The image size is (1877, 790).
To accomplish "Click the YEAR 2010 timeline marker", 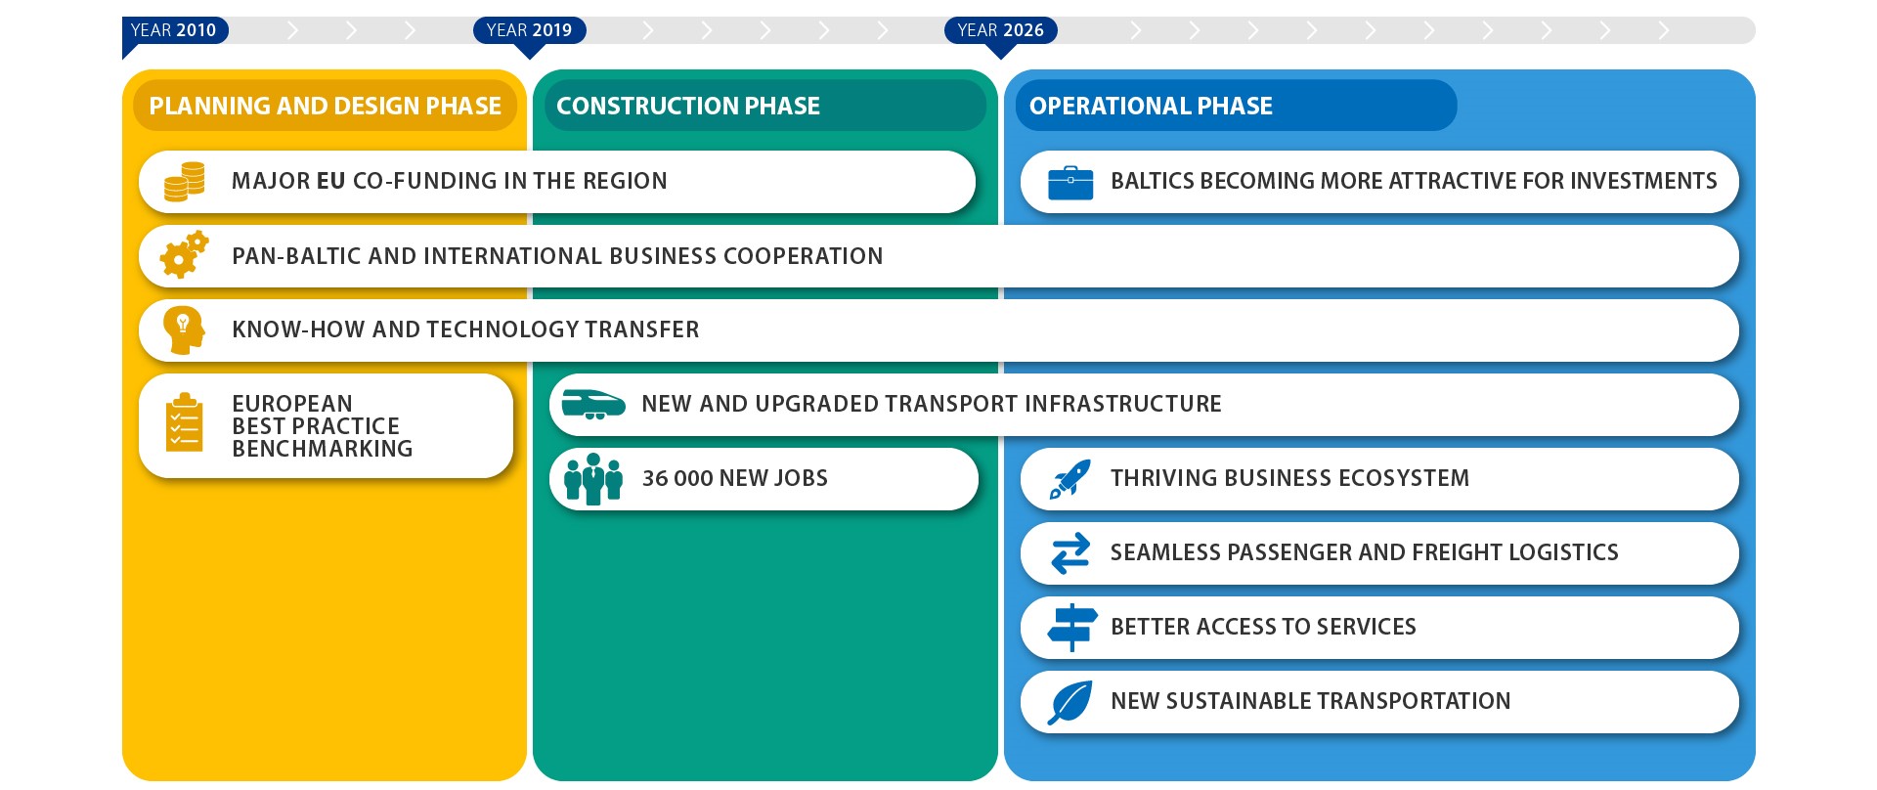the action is pos(174,30).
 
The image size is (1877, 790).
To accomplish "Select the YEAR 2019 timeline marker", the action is pos(530,30).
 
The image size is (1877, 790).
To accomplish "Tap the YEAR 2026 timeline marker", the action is pos(1000,30).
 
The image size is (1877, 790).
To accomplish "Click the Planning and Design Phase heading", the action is pos(325,106).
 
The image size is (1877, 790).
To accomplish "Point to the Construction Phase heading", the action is pos(687,106).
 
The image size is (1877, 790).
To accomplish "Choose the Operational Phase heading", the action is pos(1151,106).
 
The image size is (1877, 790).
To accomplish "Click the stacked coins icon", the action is pos(184,182).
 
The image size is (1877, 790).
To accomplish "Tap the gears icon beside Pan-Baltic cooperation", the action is pos(184,254).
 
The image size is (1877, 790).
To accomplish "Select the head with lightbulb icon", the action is pos(184,329).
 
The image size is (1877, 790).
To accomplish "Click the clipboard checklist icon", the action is pos(184,422).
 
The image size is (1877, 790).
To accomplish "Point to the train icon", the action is pos(593,404).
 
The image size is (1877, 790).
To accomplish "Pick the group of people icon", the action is pos(592,479).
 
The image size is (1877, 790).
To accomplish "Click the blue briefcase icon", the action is pos(1070,183).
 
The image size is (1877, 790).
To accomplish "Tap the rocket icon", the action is pos(1070,479).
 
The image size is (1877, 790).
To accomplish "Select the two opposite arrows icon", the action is pos(1070,553).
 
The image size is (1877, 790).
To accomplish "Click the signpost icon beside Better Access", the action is pos(1071,628).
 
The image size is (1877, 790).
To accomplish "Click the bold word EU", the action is pos(331,181).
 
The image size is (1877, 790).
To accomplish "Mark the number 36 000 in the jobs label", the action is pos(677,478).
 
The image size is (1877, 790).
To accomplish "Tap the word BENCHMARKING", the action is pos(323,449).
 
